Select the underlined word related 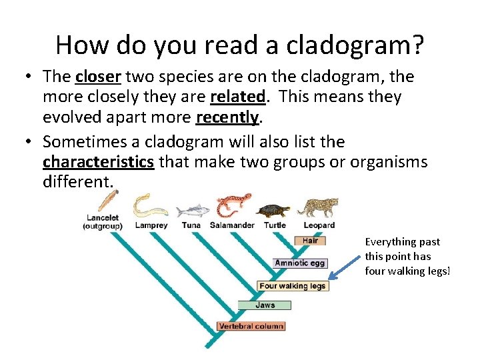pos(237,97)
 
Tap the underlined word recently pos(227,117)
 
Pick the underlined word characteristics pos(98,162)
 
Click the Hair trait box pos(310,241)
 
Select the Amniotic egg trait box pos(300,263)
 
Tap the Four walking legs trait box pos(293,285)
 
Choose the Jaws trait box pos(265,305)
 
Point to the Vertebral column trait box pos(251,326)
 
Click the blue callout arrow pos(345,268)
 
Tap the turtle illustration pos(273,210)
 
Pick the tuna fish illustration pos(192,211)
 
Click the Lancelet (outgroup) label pos(103,221)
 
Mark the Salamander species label pos(232,225)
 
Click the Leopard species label pos(318,225)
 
